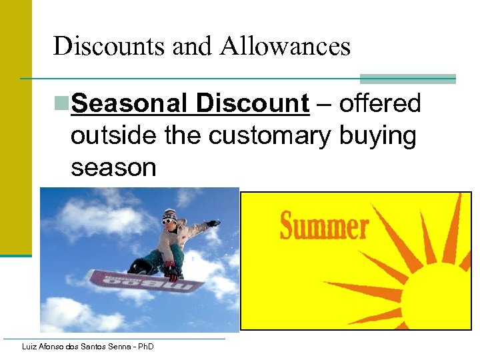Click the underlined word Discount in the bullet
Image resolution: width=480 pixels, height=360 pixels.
[x=253, y=104]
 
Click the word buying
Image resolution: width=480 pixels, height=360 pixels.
[x=377, y=135]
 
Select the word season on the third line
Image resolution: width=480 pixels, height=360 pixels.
[x=113, y=167]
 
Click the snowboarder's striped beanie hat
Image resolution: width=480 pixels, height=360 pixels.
[x=170, y=215]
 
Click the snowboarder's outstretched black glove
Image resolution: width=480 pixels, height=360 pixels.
[x=213, y=223]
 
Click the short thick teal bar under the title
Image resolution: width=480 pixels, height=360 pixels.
[x=407, y=79]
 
